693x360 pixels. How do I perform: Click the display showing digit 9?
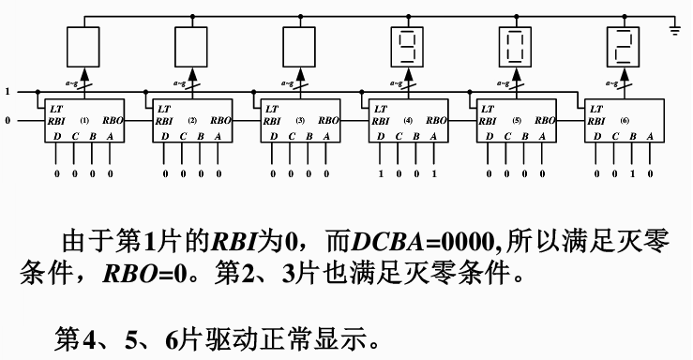(406, 45)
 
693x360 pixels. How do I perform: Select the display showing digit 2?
(623, 45)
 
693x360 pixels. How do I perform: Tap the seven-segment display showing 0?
(515, 45)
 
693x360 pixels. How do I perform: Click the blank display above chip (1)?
(83, 45)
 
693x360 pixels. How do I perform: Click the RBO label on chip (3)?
(328, 121)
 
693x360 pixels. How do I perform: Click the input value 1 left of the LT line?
(8, 91)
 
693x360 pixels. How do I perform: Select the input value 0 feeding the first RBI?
(8, 121)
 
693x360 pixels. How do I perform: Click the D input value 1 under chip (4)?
(381, 173)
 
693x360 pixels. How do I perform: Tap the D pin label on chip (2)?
(165, 136)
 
